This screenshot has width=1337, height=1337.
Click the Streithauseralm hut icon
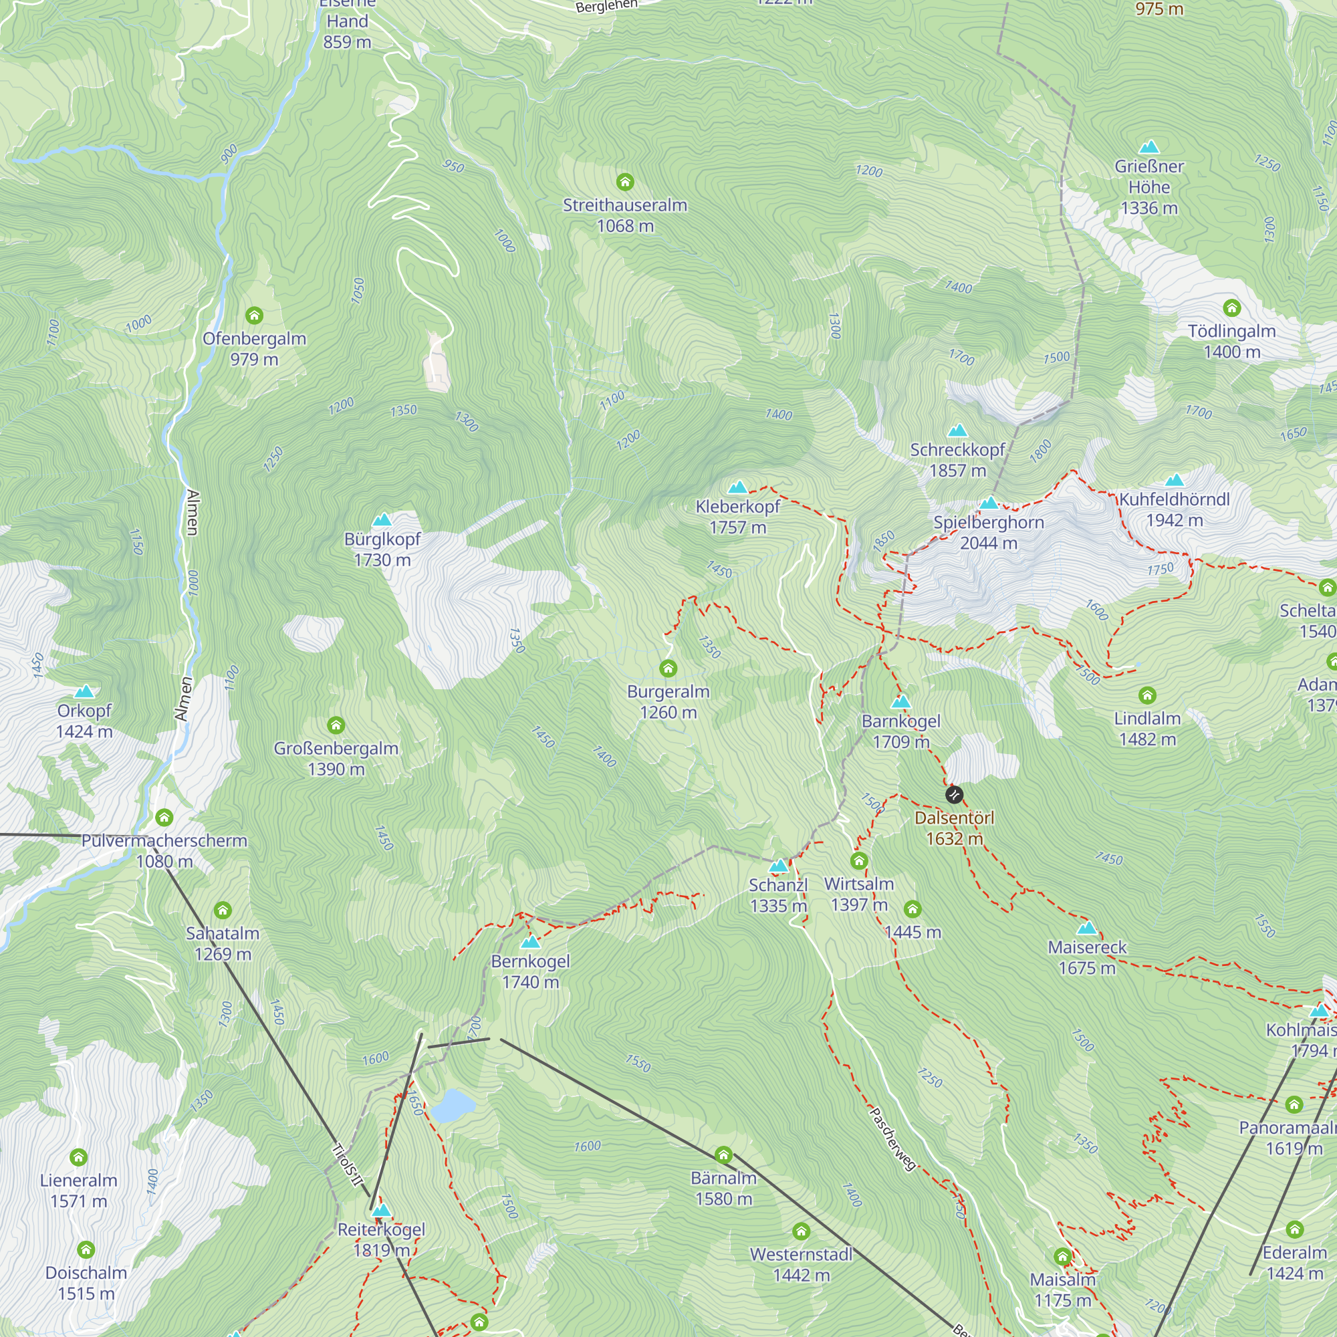tap(625, 182)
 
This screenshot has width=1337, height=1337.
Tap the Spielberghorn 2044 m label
tap(988, 533)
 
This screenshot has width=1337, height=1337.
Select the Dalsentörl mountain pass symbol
tap(954, 795)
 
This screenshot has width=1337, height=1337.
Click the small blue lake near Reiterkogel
tap(453, 1105)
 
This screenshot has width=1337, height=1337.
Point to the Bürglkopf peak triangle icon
tap(382, 519)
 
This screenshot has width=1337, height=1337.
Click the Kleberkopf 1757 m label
tap(738, 517)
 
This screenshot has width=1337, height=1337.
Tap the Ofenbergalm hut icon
tap(254, 316)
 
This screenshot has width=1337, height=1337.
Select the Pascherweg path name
tap(892, 1139)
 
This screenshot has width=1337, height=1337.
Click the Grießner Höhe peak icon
tap(1148, 146)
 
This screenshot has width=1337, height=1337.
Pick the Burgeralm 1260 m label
tap(668, 702)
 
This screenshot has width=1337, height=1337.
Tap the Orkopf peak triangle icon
tap(84, 691)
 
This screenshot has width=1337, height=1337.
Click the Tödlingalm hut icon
tap(1232, 308)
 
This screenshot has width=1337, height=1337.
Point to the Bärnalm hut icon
tap(723, 1155)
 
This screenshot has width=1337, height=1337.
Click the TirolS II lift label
tap(348, 1165)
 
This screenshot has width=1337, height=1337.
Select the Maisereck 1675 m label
tap(1086, 957)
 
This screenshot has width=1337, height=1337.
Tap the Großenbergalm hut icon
tap(336, 725)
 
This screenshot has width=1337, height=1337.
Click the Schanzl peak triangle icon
tap(779, 866)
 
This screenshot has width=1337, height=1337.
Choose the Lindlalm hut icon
tap(1146, 695)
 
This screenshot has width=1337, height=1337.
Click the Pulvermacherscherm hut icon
tap(164, 818)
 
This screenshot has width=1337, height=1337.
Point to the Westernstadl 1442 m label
tap(801, 1264)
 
